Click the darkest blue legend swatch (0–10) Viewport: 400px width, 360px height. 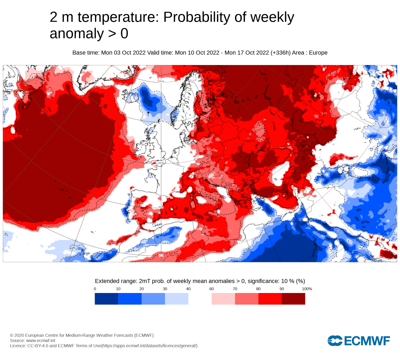pyautogui.click(x=106, y=299)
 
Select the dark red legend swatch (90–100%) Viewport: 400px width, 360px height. pyautogui.click(x=293, y=299)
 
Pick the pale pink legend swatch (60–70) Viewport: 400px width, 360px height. pyautogui.click(x=223, y=299)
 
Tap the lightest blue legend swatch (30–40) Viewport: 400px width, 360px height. pyautogui.click(x=177, y=299)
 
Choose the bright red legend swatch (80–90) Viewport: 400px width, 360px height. pyautogui.click(x=270, y=299)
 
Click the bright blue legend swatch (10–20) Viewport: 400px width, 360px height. pyautogui.click(x=130, y=299)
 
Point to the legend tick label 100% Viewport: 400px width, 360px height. pyautogui.click(x=307, y=289)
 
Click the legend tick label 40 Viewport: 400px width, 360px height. pyautogui.click(x=188, y=289)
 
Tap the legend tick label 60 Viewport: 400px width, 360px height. pyautogui.click(x=212, y=289)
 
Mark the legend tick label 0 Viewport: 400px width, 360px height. pyautogui.click(x=95, y=289)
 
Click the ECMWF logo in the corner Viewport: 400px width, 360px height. pyautogui.click(x=359, y=341)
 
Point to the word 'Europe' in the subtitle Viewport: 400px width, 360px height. pyautogui.click(x=318, y=53)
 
